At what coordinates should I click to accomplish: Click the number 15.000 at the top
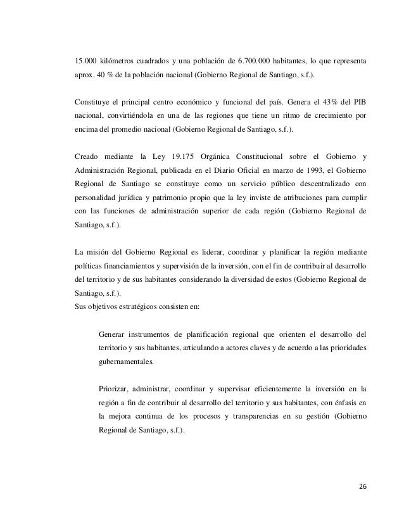(x=85, y=62)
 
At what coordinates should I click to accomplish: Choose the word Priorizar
(x=115, y=389)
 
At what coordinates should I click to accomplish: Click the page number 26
(x=362, y=487)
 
